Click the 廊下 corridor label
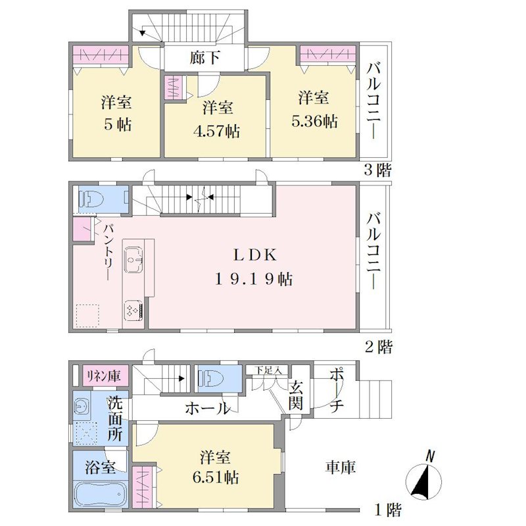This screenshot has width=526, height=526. (x=204, y=58)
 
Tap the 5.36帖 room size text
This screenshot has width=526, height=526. (x=314, y=121)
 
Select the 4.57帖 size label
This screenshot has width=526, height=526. (x=217, y=131)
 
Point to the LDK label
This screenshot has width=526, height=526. (x=255, y=256)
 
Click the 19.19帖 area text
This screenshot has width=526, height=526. (x=254, y=279)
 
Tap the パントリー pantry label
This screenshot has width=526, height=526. (x=108, y=252)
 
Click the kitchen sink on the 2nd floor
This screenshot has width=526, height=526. (x=134, y=260)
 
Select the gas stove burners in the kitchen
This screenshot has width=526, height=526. (x=134, y=310)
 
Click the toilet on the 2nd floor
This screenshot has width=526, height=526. (x=91, y=199)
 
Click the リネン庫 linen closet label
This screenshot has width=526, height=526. (x=104, y=376)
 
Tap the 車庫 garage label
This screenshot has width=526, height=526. (x=340, y=467)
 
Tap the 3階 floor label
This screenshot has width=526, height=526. (x=377, y=170)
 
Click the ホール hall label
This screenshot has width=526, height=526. (x=208, y=408)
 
